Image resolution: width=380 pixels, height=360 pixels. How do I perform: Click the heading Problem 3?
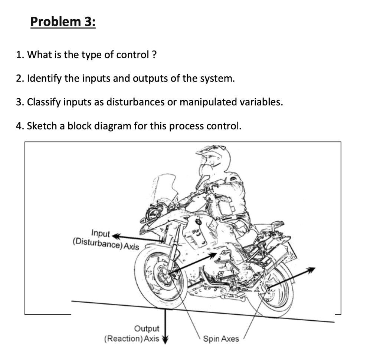click(63, 22)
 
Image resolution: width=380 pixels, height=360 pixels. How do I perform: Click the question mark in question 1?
click(154, 55)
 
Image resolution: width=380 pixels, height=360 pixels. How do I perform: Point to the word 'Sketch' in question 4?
click(40, 126)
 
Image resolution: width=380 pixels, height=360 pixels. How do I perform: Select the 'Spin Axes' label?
click(221, 338)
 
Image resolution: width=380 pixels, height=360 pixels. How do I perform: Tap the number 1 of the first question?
click(19, 55)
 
